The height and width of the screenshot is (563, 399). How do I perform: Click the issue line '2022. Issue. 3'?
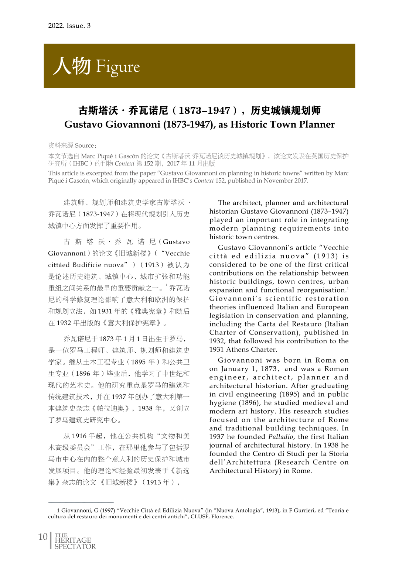point(69,25)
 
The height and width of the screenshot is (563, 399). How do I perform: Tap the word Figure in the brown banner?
point(118,67)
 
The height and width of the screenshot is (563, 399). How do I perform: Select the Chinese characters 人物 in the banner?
point(72,66)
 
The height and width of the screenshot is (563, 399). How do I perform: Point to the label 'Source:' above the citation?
point(86,145)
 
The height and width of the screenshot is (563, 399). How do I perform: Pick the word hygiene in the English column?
point(222,403)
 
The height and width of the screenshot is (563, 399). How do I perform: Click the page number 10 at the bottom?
point(43,537)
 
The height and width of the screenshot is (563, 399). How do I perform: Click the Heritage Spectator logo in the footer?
point(75,541)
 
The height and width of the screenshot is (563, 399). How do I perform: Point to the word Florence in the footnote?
point(222,516)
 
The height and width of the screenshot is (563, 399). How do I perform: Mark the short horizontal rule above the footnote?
point(81,502)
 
